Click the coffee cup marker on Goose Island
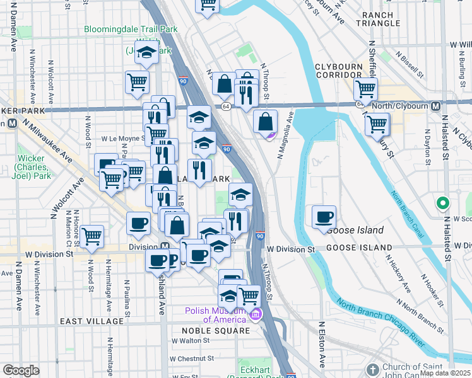(x=324, y=217)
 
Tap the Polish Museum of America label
(x=218, y=315)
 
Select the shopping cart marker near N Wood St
(x=91, y=238)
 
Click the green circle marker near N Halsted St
(x=443, y=203)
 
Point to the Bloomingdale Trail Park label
(x=131, y=29)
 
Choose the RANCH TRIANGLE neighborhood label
(x=378, y=18)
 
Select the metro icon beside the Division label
(x=165, y=246)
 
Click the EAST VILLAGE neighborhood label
(x=92, y=321)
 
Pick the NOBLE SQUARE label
(x=216, y=331)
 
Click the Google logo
(x=21, y=370)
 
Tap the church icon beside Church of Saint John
(x=372, y=369)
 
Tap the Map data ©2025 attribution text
(x=445, y=373)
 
